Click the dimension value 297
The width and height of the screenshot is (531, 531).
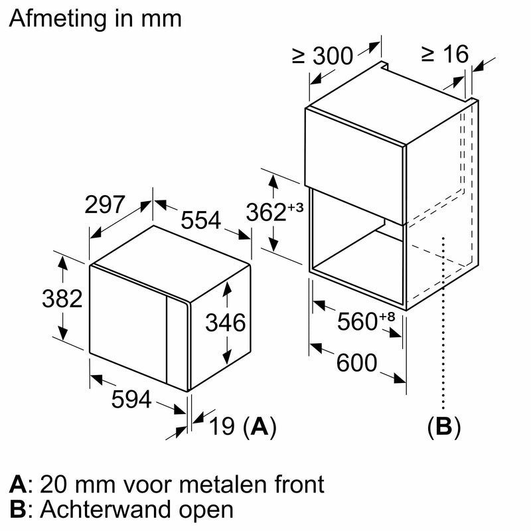(105, 204)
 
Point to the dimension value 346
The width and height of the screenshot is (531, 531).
(225, 323)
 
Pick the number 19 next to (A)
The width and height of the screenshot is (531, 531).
(222, 427)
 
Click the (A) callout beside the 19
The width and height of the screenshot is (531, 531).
(258, 427)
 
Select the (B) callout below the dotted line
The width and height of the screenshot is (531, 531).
(443, 427)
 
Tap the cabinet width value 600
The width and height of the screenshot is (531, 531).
(356, 363)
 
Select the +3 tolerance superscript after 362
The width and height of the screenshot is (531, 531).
(295, 207)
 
